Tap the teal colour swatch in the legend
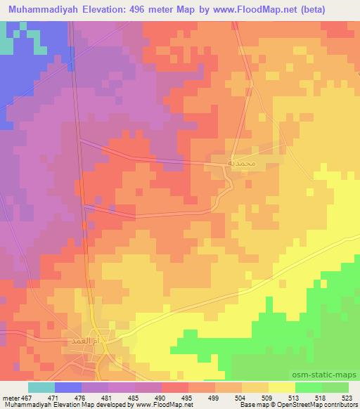[41, 387]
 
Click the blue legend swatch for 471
[68, 387]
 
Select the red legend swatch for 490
[175, 387]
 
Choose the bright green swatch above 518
[309, 387]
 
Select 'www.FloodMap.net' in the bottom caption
[160, 405]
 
